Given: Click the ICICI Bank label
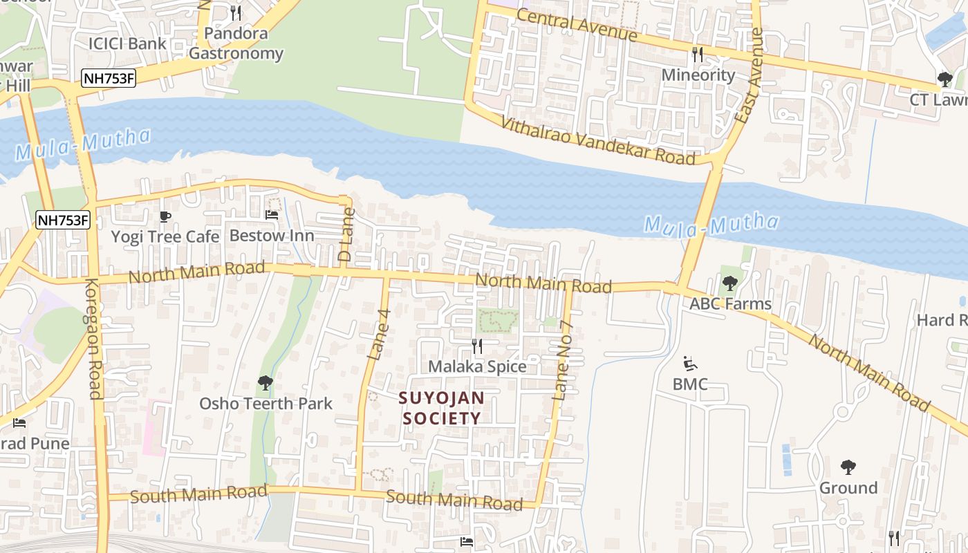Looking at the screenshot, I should (x=127, y=44).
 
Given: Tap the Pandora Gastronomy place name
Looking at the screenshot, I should (x=236, y=43).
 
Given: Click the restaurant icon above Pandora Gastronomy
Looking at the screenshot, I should (x=236, y=12).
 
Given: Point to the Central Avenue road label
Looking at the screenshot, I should (x=577, y=25).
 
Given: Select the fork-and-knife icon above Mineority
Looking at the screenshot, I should (x=698, y=54).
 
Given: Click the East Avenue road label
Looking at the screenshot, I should (x=748, y=76).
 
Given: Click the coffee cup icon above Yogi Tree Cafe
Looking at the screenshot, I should (x=165, y=216).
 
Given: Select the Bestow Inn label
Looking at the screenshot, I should (x=272, y=236).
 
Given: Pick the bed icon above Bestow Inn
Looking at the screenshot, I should (x=272, y=215).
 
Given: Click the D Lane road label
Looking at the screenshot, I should (x=346, y=235).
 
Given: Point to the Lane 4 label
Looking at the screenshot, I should (x=380, y=335).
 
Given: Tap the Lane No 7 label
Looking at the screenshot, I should (x=564, y=361).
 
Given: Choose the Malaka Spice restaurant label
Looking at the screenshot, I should (x=477, y=366).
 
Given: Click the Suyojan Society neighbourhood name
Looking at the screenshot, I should (x=442, y=408).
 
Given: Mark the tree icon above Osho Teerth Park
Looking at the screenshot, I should (x=265, y=382).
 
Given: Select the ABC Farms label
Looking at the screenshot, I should (x=730, y=303).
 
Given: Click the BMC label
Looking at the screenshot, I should (x=690, y=384).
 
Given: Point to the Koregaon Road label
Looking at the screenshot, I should (x=93, y=339).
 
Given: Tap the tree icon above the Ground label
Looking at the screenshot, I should (x=848, y=467).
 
